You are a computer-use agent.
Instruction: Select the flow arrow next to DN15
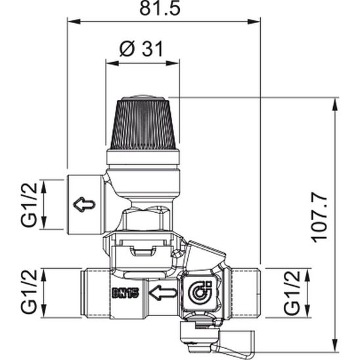162,292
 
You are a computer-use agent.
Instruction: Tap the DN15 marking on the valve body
125,293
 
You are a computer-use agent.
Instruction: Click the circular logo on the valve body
198,292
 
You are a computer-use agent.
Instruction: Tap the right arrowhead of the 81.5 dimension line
257,22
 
